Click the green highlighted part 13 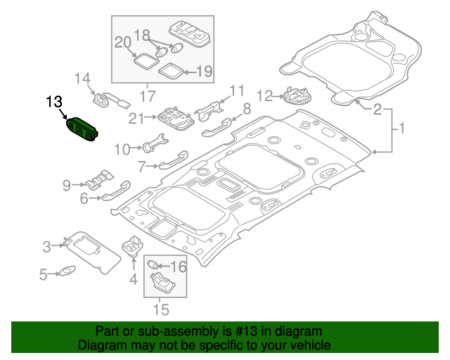(82, 130)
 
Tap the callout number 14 (83, 78)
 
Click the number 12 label (264, 95)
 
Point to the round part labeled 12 (294, 94)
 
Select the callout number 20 (124, 44)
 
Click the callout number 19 (203, 70)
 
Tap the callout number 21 (136, 119)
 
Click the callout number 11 (236, 90)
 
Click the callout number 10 (122, 148)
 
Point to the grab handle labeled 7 (171, 161)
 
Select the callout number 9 (67, 185)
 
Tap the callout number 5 (43, 275)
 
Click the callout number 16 (179, 266)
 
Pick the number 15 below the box (161, 308)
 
